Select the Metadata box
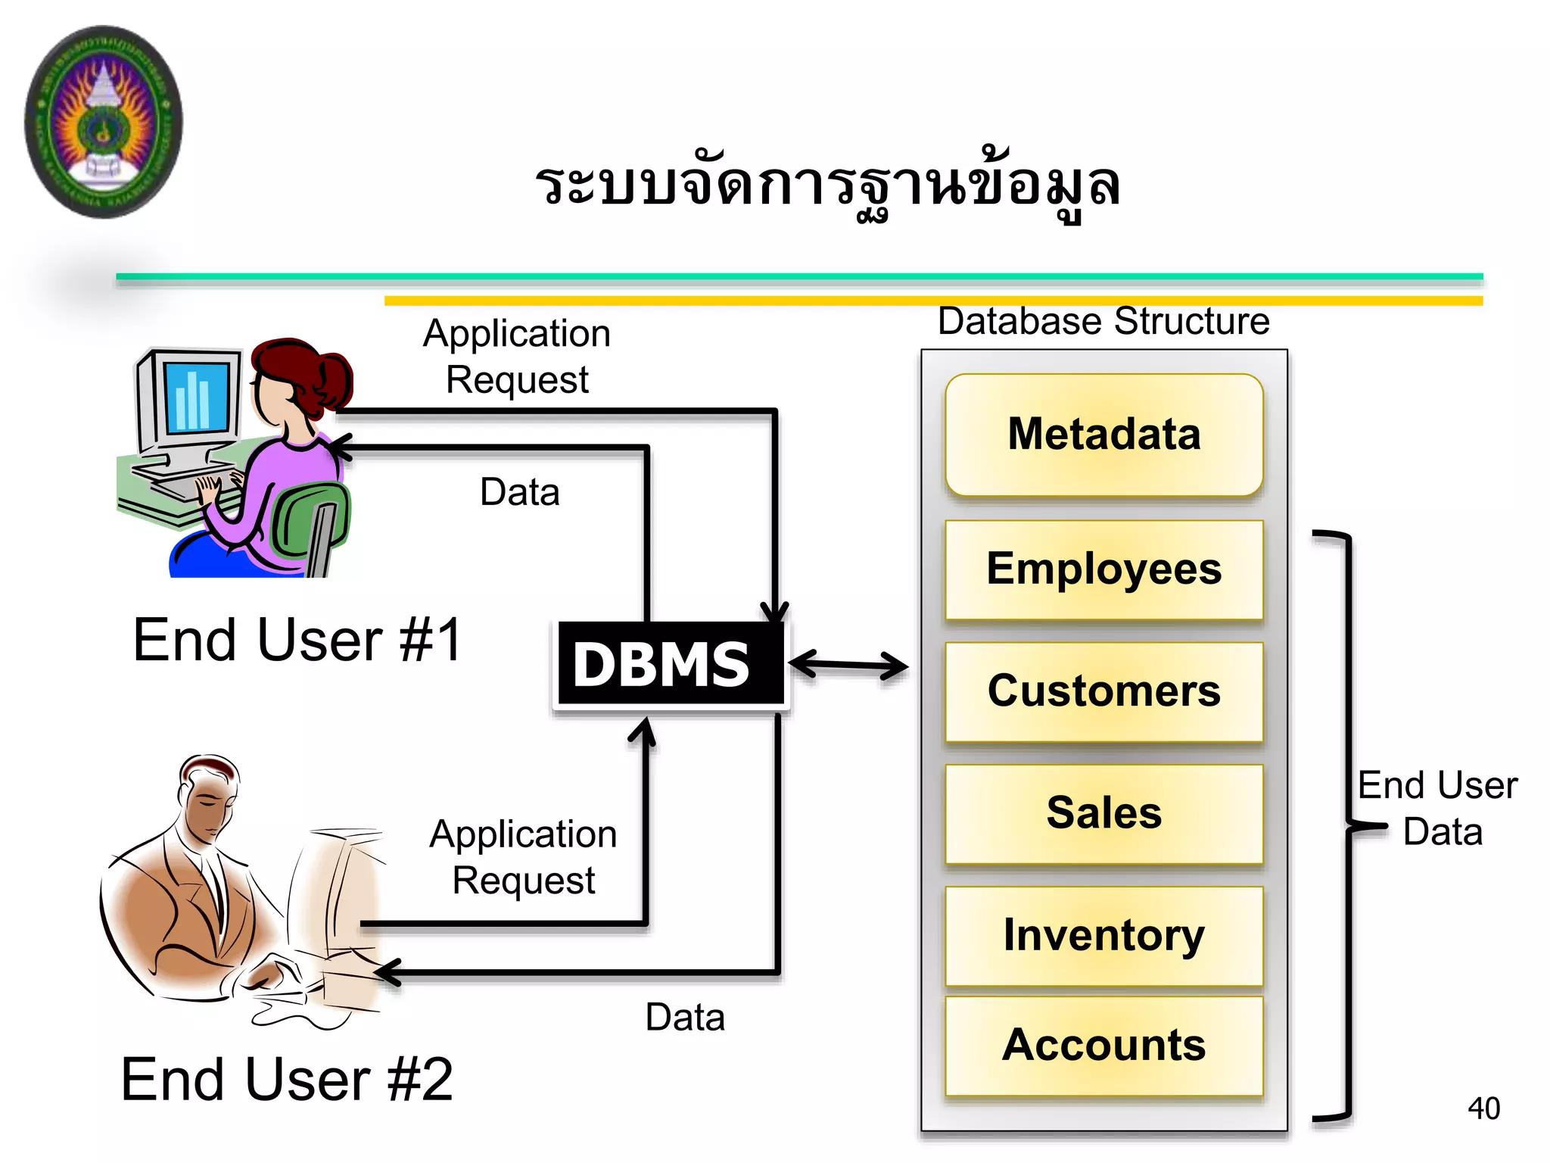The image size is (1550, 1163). pos(1103,435)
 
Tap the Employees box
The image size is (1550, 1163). pos(1103,569)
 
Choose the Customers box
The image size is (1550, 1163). pos(1103,691)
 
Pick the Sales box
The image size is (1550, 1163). pos(1103,813)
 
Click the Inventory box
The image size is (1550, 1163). pos(1103,936)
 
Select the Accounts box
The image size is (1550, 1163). pos(1103,1046)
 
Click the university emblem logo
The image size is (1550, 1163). pos(104,121)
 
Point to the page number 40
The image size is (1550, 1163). pos(1483,1108)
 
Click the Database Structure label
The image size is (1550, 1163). pos(1103,321)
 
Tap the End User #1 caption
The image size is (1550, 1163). pos(297,641)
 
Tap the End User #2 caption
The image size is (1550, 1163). pos(287,1080)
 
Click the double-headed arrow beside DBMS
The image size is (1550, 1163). pos(848,666)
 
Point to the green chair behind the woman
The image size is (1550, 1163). pos(310,522)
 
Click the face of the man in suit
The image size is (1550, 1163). pos(208,806)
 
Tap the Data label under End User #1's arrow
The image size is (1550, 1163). pos(520,492)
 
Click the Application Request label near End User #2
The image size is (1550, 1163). pos(523,857)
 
